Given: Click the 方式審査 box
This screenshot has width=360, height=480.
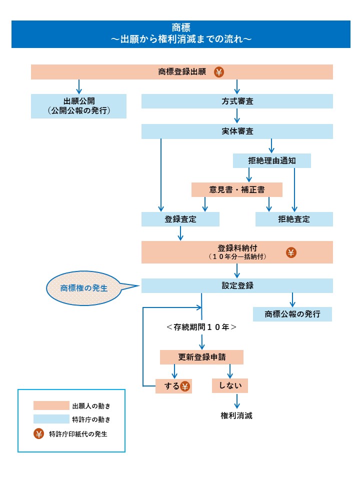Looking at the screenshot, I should click(x=237, y=101).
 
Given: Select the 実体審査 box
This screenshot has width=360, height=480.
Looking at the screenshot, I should click(x=237, y=131).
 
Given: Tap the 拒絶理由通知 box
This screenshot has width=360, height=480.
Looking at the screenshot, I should click(x=272, y=160).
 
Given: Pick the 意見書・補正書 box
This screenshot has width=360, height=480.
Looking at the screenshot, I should click(x=237, y=189).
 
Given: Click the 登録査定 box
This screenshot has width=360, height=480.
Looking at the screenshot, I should click(x=180, y=219).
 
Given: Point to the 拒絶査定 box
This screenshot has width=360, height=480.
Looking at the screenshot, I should click(x=294, y=219).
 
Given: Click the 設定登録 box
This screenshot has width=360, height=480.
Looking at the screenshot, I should click(x=237, y=285).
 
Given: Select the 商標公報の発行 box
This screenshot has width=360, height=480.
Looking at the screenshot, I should click(x=292, y=314).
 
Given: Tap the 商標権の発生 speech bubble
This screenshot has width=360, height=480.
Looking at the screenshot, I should click(x=84, y=288).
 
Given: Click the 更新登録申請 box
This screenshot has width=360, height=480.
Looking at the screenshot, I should click(x=201, y=357).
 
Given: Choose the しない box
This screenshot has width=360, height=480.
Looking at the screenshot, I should click(x=230, y=386).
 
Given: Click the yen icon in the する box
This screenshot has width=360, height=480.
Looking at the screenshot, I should click(x=185, y=386).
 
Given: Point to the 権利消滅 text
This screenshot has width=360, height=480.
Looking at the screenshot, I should click(x=236, y=415).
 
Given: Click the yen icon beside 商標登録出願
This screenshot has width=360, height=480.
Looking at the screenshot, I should click(x=219, y=72).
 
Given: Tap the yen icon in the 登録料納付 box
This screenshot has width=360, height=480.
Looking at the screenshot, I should click(x=291, y=252).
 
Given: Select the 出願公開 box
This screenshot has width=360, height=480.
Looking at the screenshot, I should click(x=78, y=106).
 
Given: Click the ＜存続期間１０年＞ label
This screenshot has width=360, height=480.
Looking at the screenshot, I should click(x=201, y=328).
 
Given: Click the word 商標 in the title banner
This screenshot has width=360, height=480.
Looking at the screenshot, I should click(x=180, y=27).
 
